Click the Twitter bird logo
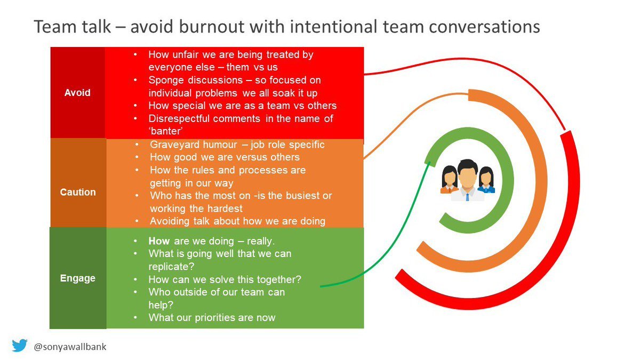pos(20,346)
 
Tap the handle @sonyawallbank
pos(70,347)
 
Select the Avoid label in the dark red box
pos(77,93)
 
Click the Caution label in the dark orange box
pos(78,192)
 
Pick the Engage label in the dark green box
pos(78,278)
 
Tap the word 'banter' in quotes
pos(166,131)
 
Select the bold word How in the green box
pos(159,241)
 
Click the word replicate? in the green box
pos(171,267)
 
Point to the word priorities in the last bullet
pos(219,318)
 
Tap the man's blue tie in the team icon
pos(467,197)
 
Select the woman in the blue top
pos(486,180)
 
